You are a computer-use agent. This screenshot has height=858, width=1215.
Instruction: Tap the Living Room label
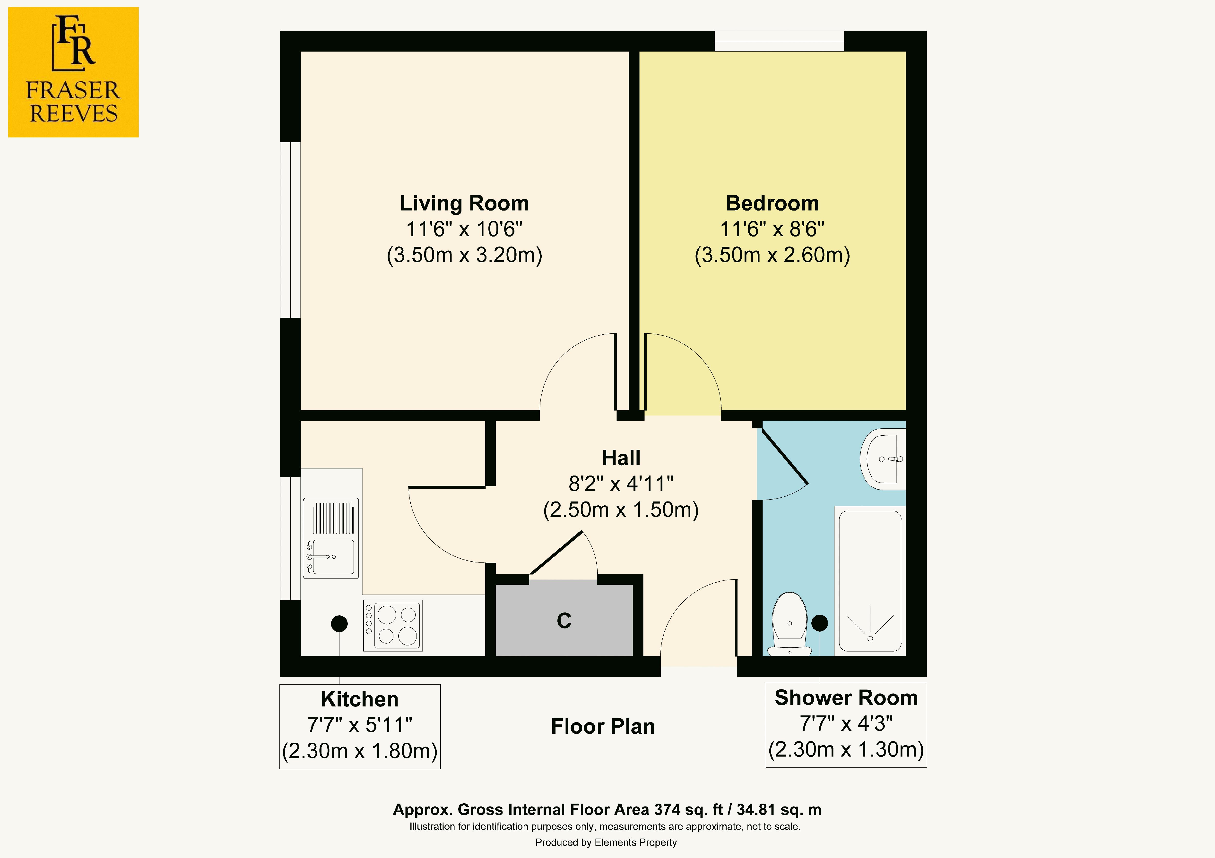point(464,203)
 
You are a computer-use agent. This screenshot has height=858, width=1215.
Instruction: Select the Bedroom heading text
point(772,203)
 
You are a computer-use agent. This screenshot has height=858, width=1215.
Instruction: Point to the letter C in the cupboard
point(564,620)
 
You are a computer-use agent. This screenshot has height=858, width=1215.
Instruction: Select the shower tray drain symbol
point(870,638)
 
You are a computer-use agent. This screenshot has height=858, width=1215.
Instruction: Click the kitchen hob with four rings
point(393,625)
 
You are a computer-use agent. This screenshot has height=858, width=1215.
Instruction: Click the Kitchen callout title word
point(360,699)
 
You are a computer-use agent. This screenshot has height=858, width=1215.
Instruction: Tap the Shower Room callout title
point(846,698)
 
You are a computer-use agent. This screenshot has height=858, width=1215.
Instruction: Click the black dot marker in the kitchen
point(339,624)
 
